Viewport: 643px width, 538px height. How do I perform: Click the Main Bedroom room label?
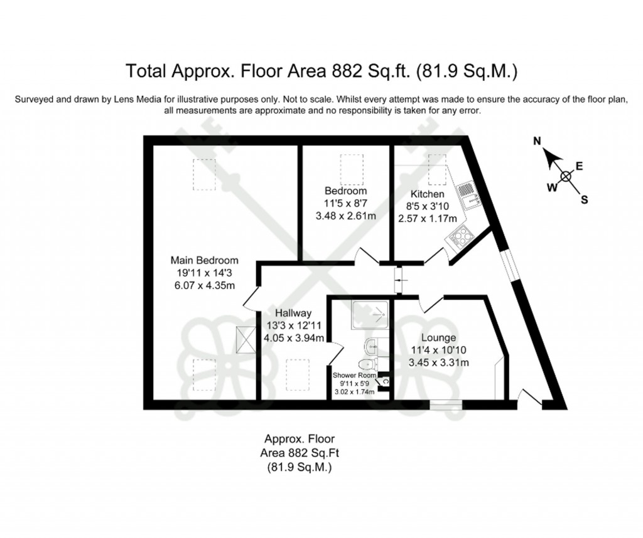pyautogui.click(x=205, y=260)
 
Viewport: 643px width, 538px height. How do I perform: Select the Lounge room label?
pyautogui.click(x=439, y=337)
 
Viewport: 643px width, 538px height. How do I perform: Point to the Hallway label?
pyautogui.click(x=293, y=313)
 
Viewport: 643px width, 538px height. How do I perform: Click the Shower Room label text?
pyautogui.click(x=354, y=376)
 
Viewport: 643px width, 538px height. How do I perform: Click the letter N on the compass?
pyautogui.click(x=537, y=142)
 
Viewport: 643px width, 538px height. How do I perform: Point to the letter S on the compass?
pyautogui.click(x=584, y=200)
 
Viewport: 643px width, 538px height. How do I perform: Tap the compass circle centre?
pyautogui.click(x=566, y=176)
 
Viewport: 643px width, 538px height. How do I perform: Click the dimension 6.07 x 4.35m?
pyautogui.click(x=205, y=287)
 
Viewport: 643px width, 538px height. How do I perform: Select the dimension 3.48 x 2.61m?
pyautogui.click(x=345, y=216)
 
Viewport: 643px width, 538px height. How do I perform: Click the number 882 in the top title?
pyautogui.click(x=341, y=70)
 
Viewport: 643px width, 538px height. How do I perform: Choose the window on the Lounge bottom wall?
pyautogui.click(x=446, y=405)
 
